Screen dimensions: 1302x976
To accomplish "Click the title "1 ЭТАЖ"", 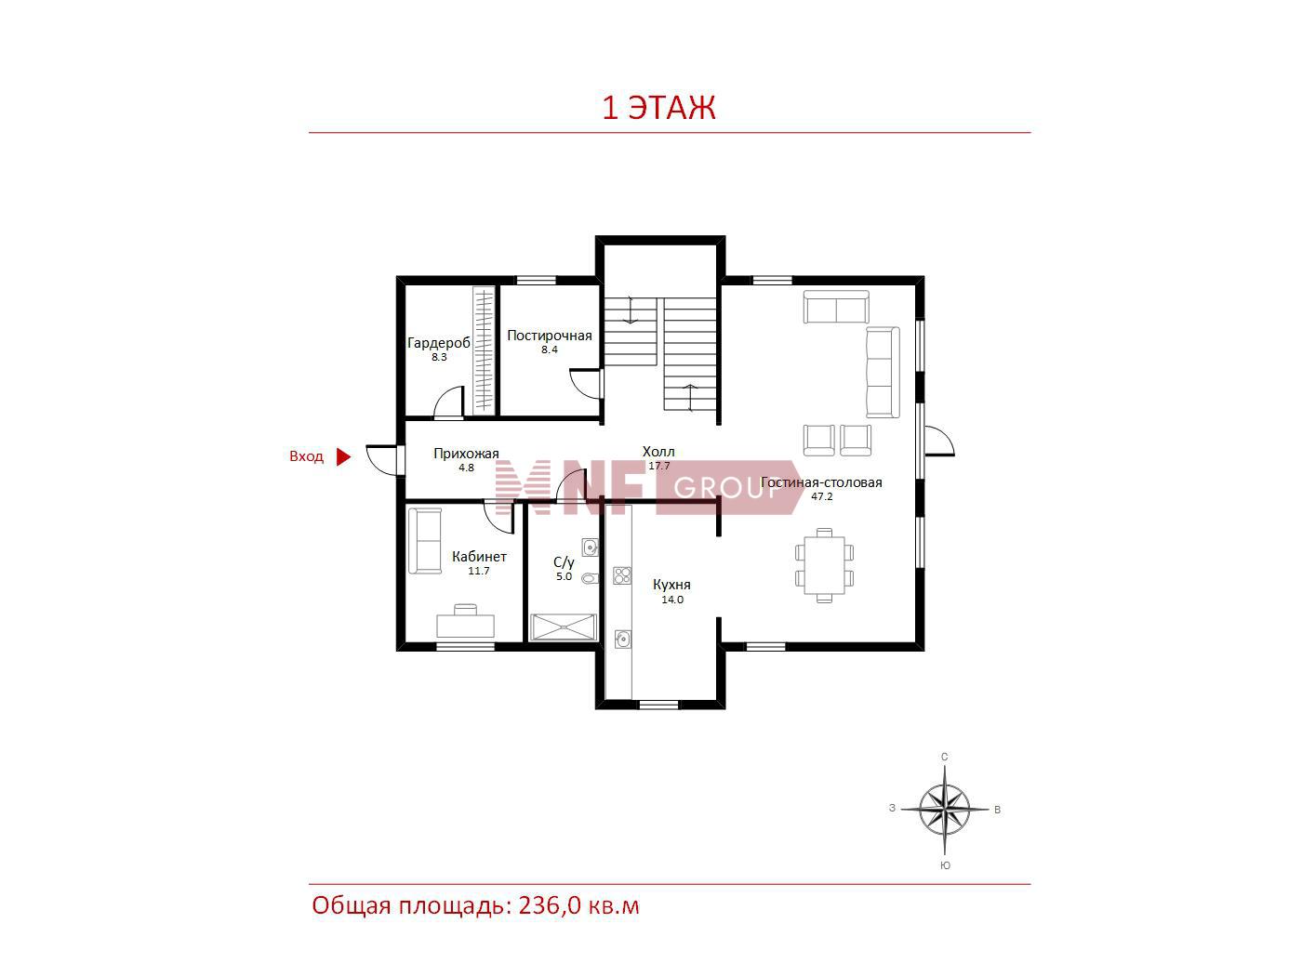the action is [658, 108].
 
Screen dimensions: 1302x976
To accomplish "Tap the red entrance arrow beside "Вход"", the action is [343, 456].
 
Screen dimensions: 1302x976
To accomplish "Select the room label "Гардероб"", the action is [438, 342].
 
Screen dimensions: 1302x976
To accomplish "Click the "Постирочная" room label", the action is [550, 336].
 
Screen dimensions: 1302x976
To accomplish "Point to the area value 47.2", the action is [821, 496].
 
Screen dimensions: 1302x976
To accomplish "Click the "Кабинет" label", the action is [479, 557].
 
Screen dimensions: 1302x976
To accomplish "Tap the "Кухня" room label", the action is [671, 585].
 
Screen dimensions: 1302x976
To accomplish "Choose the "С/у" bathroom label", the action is [564, 562].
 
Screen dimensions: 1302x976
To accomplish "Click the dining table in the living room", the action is [824, 565].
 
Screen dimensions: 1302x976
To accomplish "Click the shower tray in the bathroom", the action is [563, 627].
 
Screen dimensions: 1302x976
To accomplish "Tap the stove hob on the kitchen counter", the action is [621, 574].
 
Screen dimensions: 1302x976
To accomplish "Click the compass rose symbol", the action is [944, 809].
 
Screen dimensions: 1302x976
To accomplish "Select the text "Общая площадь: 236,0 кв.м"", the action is [476, 906].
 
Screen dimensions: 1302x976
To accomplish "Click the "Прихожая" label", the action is [466, 454].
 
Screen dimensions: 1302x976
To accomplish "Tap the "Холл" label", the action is [658, 452].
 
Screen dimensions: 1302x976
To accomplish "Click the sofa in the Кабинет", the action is [425, 541].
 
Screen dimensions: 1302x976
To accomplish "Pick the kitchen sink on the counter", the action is [622, 639].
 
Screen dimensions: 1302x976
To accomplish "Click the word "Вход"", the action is [306, 456].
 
